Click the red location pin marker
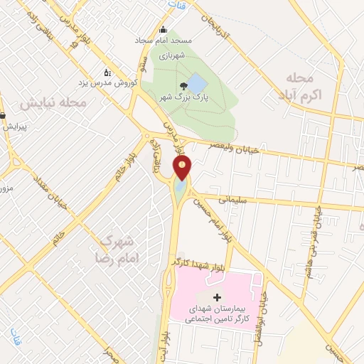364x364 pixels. coord(182,168)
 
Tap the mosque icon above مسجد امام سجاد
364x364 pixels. coord(164,30)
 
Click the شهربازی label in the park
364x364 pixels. coord(171,54)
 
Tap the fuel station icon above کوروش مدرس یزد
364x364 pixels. coord(107,72)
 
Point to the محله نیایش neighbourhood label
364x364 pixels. coord(53,104)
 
